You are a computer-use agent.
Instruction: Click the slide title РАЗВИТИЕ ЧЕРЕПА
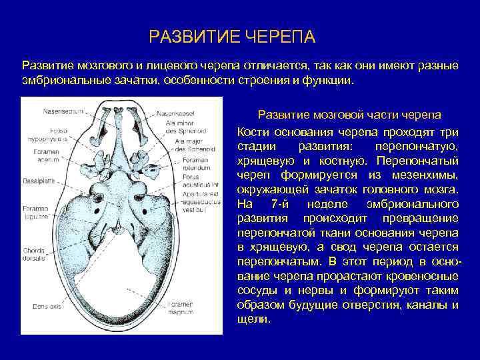pos(232,35)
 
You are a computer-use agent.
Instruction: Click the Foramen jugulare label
pos(37,213)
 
